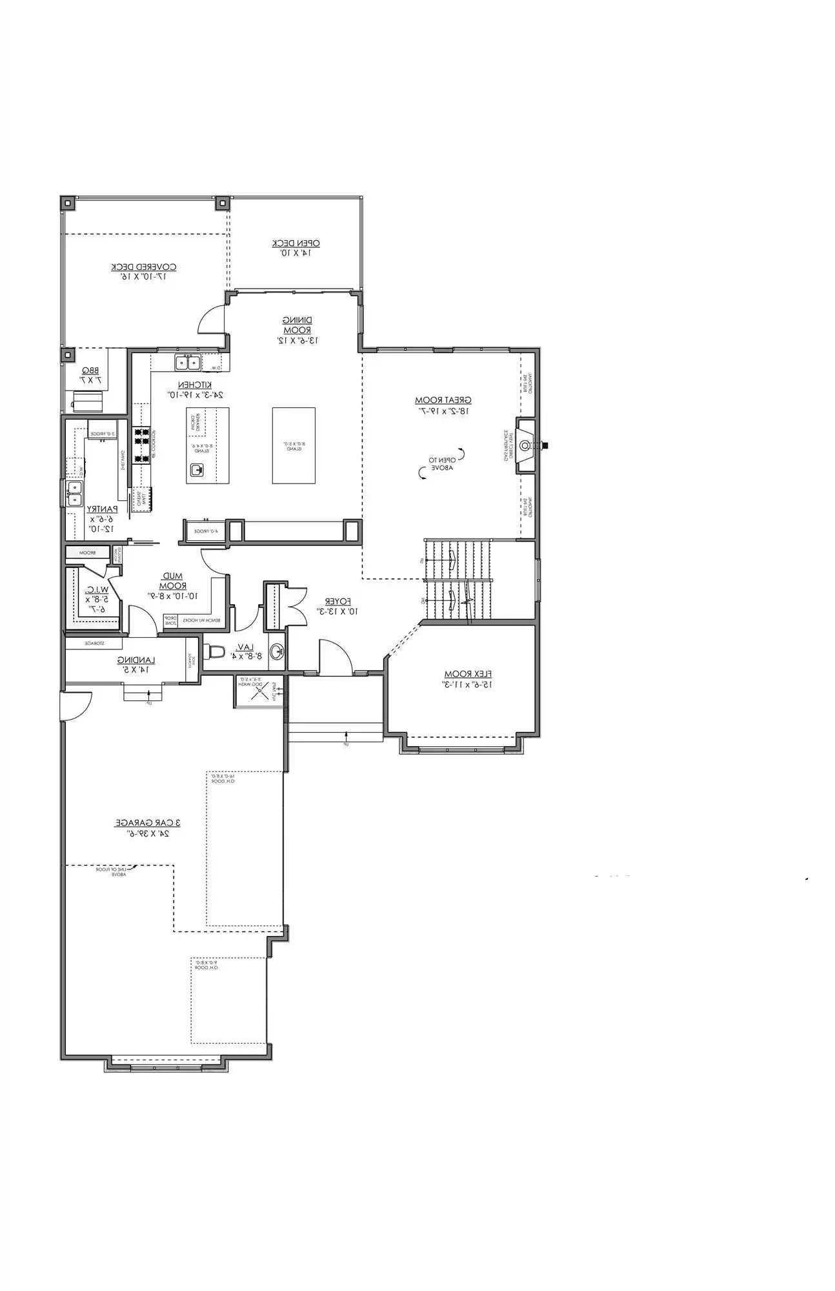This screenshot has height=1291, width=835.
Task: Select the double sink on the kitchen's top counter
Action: [x=187, y=363]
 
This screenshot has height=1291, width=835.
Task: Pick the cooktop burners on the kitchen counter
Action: [x=141, y=445]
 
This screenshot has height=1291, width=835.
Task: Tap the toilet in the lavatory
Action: [x=214, y=651]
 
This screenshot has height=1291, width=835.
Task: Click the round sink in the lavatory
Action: [x=276, y=651]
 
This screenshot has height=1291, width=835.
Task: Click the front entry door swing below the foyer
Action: [x=334, y=657]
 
